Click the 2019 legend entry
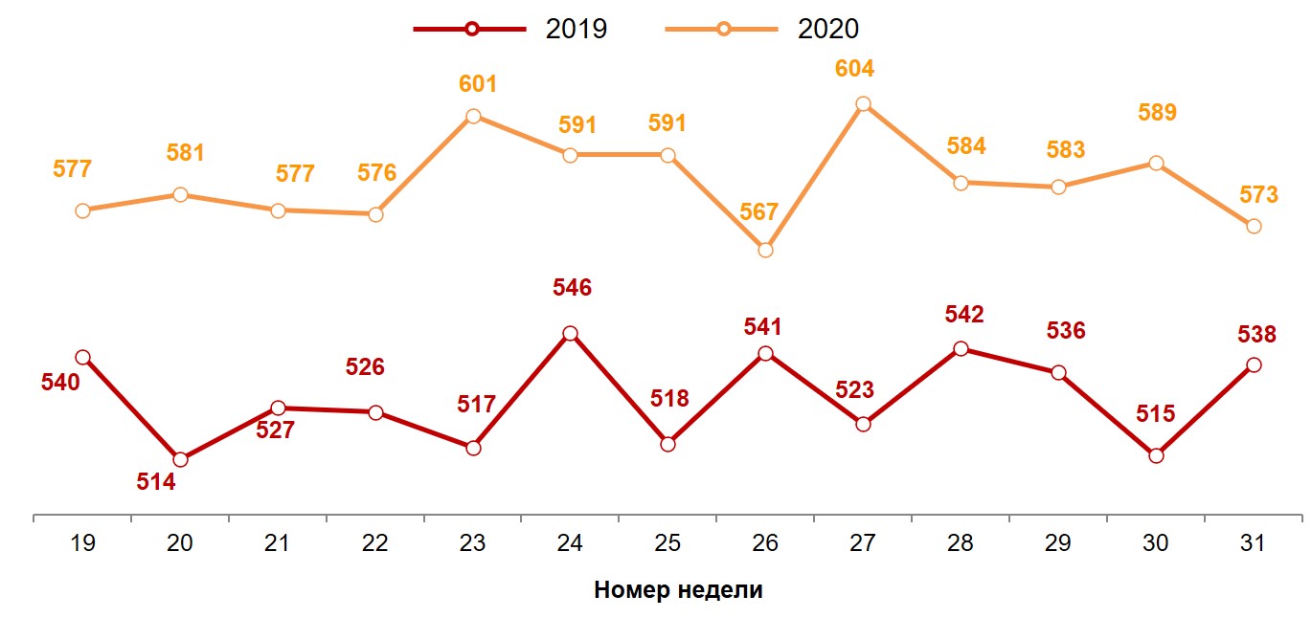509,29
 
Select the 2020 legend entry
762,29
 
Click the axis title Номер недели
678,589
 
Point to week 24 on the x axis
570,543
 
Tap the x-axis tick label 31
1253,543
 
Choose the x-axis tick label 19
82,543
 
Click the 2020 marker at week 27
863,104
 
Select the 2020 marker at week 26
765,250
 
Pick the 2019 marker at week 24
570,334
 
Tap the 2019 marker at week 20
180,459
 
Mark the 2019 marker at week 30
1156,455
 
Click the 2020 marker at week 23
473,117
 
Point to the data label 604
854,70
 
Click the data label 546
573,288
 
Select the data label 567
759,212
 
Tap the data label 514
156,483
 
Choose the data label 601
478,84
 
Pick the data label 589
1157,113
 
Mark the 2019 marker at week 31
1254,364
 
